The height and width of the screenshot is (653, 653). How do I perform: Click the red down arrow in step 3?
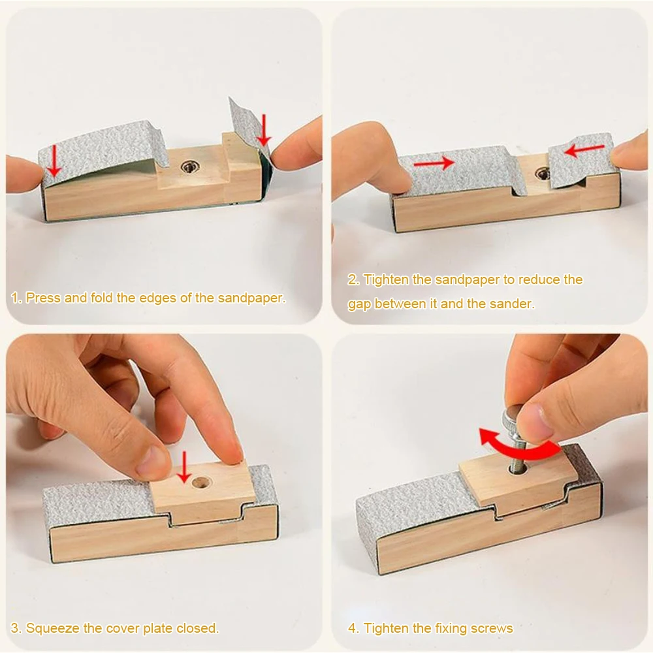pos(184,466)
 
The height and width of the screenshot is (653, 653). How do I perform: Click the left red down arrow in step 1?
pos(55,160)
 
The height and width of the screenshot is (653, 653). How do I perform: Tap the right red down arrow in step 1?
pos(263,129)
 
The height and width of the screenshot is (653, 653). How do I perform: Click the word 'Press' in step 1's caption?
pos(42,298)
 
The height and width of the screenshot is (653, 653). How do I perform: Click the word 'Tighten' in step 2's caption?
pos(385,280)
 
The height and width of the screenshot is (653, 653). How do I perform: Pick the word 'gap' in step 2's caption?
pos(359,304)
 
